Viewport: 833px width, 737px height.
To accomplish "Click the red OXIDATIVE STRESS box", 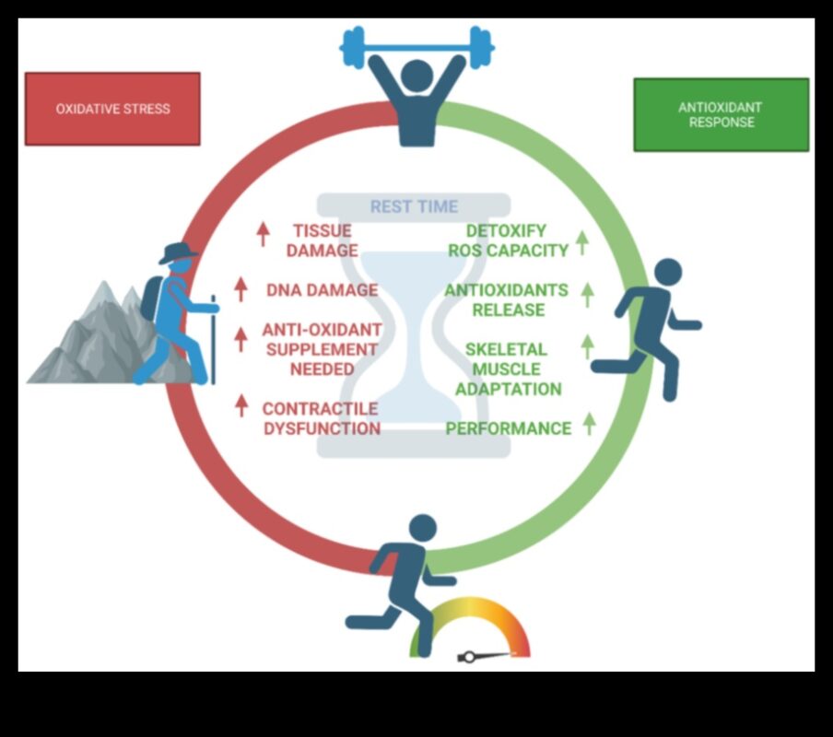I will (x=112, y=109).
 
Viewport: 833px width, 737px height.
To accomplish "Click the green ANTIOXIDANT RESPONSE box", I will (x=721, y=115).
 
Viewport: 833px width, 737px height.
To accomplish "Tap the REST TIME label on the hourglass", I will (x=414, y=206).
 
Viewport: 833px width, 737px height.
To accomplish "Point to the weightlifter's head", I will (x=416, y=76).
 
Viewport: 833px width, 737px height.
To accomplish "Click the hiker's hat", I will (x=179, y=252).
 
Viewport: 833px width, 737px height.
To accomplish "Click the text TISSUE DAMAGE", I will (x=323, y=240).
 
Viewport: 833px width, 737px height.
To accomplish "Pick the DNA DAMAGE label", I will (x=323, y=290).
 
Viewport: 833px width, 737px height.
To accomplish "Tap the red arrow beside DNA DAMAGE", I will (x=241, y=289).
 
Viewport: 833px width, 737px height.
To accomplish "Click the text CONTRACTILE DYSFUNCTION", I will (x=321, y=418).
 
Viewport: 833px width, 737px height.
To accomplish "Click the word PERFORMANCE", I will (x=509, y=428).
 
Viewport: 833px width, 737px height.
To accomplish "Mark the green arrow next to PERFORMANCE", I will (x=589, y=424).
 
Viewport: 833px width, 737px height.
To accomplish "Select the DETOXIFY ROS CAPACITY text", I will (x=508, y=240).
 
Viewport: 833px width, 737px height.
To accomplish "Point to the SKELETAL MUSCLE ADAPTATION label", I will (x=508, y=368).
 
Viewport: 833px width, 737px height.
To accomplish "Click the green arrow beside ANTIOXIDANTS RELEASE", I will (x=587, y=294).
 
